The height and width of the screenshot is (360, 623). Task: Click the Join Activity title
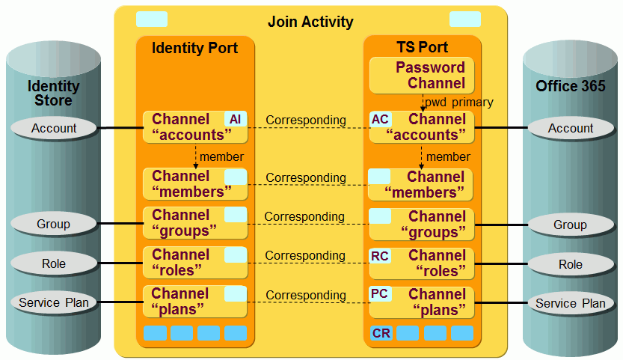pos(310,22)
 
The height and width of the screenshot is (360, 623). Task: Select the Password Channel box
pos(422,76)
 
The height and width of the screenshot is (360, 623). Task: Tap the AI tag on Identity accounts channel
pos(235,119)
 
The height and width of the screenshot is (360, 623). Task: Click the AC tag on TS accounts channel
pos(380,119)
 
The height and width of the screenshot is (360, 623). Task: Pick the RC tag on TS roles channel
pos(380,256)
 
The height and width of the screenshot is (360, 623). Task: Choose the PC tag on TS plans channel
pos(380,294)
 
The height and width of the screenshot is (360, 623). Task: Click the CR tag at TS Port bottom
pos(381,333)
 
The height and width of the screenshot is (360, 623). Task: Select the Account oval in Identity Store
pos(54,129)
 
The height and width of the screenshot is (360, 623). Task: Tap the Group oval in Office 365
pos(570,225)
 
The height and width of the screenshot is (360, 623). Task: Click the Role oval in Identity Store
pos(54,263)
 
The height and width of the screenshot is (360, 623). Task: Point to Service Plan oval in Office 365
pos(570,303)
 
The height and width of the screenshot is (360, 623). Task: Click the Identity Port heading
pos(194,49)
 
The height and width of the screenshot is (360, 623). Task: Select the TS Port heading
pos(422,48)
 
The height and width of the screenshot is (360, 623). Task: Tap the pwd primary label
pos(459,103)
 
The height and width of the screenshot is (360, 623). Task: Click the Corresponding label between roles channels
pos(305,255)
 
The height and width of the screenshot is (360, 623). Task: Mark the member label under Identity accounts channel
pos(221,157)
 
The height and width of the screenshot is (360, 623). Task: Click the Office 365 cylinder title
pos(571,86)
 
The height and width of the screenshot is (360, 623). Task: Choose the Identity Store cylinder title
pos(54,94)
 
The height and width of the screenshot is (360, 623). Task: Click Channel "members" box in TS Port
pos(422,185)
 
